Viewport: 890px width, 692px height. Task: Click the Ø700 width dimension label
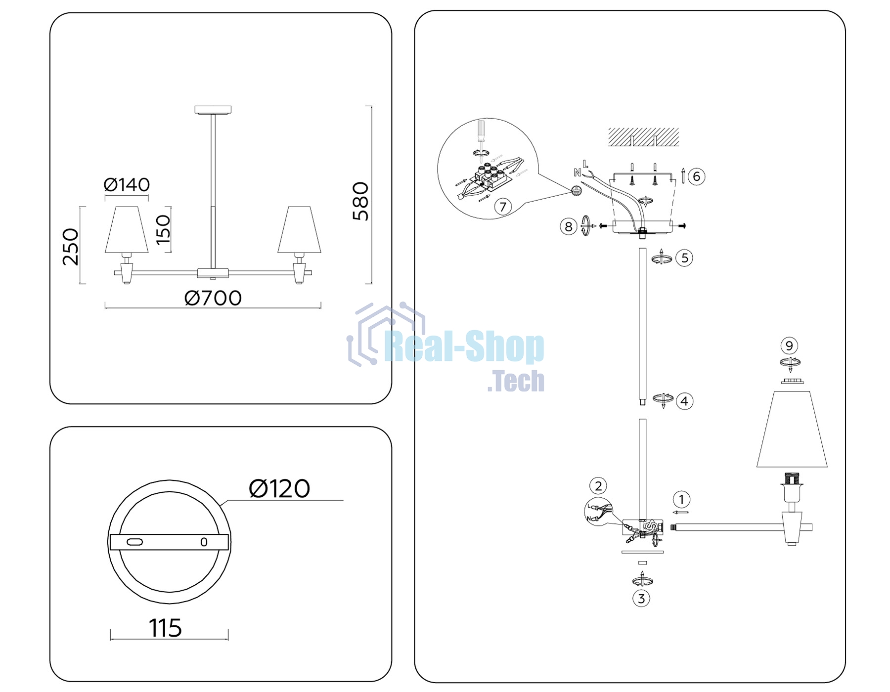coord(213,298)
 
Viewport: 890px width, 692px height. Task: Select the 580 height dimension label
coord(361,201)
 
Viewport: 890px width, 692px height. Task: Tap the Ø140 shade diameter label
coord(127,185)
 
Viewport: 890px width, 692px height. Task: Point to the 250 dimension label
coord(71,247)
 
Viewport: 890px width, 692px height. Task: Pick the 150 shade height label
coord(163,230)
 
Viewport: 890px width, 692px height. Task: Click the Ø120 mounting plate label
coord(279,489)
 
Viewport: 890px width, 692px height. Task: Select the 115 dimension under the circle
coord(165,628)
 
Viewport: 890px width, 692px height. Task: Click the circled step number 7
coord(503,206)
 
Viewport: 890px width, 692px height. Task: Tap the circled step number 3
coord(641,599)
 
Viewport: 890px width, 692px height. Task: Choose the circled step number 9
coord(789,346)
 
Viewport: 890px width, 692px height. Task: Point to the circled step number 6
coord(696,176)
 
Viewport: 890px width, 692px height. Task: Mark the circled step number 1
coord(681,499)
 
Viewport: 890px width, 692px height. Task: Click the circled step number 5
coord(684,258)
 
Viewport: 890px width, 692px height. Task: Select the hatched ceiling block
coord(643,137)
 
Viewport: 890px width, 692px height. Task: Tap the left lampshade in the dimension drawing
coord(127,230)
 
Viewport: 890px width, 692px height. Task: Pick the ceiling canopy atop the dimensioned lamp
coord(213,110)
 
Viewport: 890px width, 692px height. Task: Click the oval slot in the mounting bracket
coord(135,542)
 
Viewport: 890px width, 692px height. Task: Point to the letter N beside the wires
coord(577,173)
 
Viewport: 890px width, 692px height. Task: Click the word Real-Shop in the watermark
coord(464,347)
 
